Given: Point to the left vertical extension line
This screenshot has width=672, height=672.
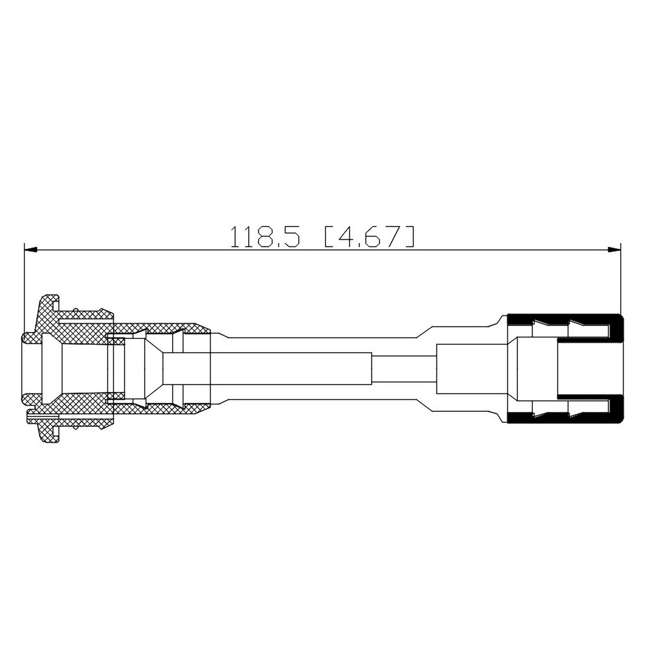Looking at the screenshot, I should click(24, 287).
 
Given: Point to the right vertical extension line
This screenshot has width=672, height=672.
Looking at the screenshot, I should click(621, 278).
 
